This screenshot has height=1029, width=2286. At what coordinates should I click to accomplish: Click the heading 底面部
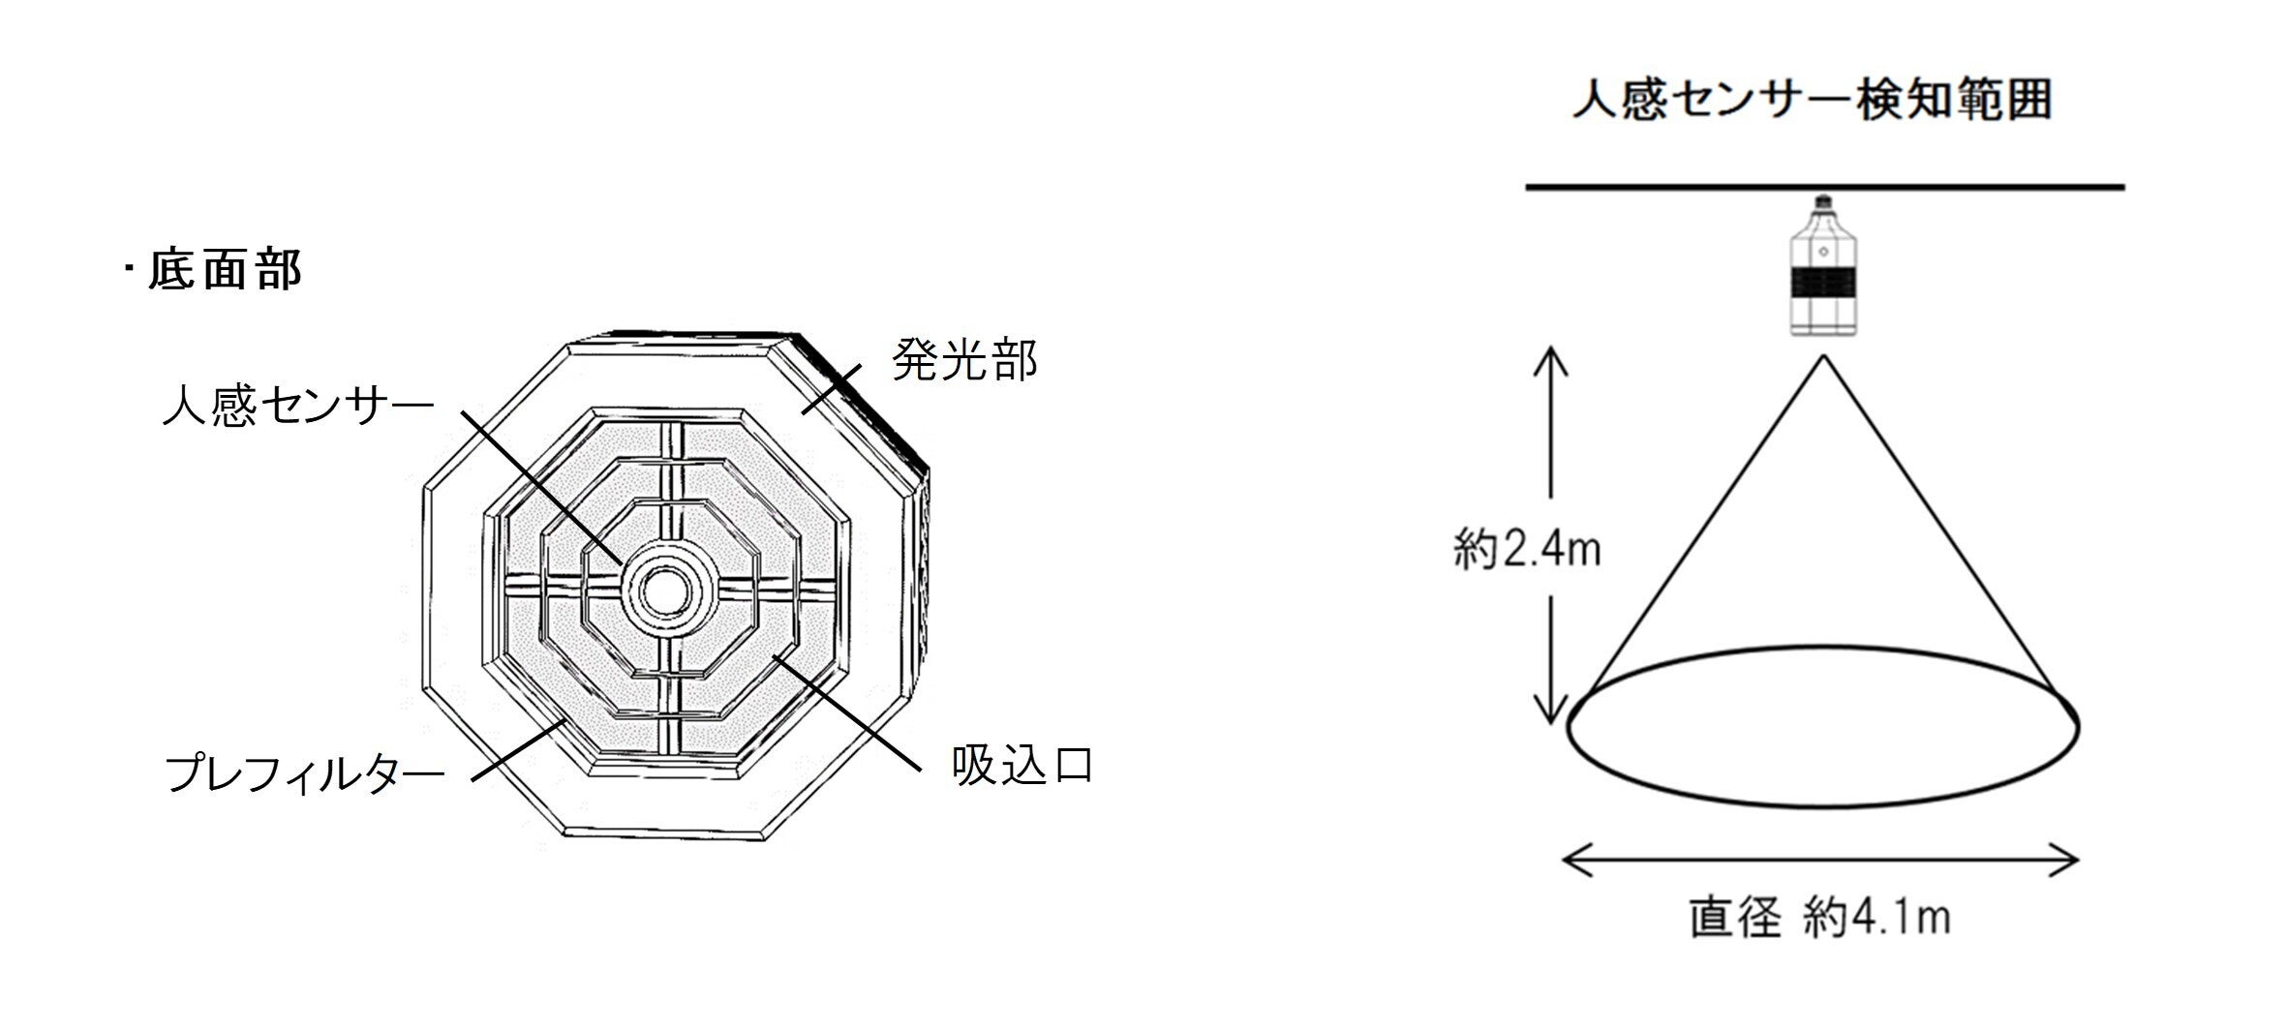(x=225, y=270)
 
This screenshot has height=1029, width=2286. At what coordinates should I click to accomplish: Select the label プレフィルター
(x=304, y=773)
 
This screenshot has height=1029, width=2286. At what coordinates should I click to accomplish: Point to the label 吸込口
(x=1022, y=766)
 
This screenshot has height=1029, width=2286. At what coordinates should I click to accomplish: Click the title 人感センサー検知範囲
(x=1812, y=102)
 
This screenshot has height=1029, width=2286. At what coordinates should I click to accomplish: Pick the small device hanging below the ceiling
(x=1824, y=267)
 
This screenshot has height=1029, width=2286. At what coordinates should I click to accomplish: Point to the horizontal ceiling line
(x=1825, y=187)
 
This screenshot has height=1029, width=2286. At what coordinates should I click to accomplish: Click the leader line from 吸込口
(x=844, y=713)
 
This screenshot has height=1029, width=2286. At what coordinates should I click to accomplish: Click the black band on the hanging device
(x=1824, y=282)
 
